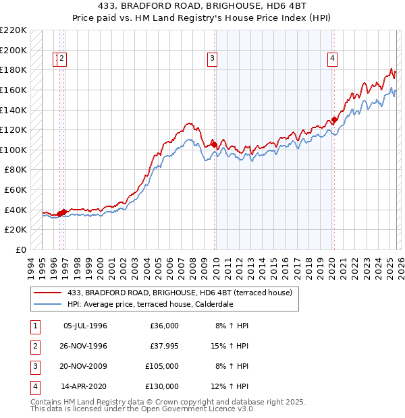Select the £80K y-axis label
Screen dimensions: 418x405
point(16,170)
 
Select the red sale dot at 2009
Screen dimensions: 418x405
point(215,144)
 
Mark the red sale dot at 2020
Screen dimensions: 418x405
point(334,120)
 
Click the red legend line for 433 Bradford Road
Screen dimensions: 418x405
point(48,293)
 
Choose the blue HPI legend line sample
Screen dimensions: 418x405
point(48,303)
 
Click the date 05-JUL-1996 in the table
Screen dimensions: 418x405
point(85,326)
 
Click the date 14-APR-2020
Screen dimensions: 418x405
point(84,386)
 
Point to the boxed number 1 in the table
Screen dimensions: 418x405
point(34,326)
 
